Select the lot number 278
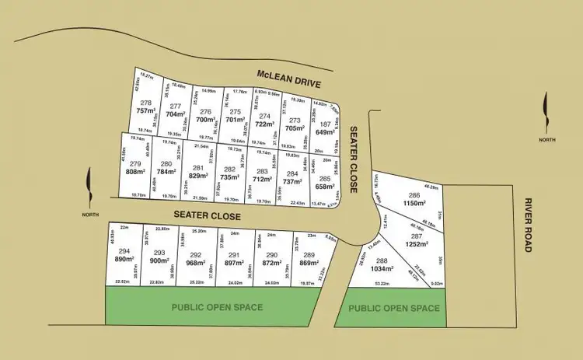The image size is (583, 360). coord(145,103)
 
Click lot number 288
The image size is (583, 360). coord(382,261)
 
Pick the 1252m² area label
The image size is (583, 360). coord(417,243)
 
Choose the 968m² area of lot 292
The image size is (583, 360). coord(195,263)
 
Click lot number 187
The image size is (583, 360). coord(326,124)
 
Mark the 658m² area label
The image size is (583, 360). coord(325,187)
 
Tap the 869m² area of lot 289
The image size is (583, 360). coord(309,263)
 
